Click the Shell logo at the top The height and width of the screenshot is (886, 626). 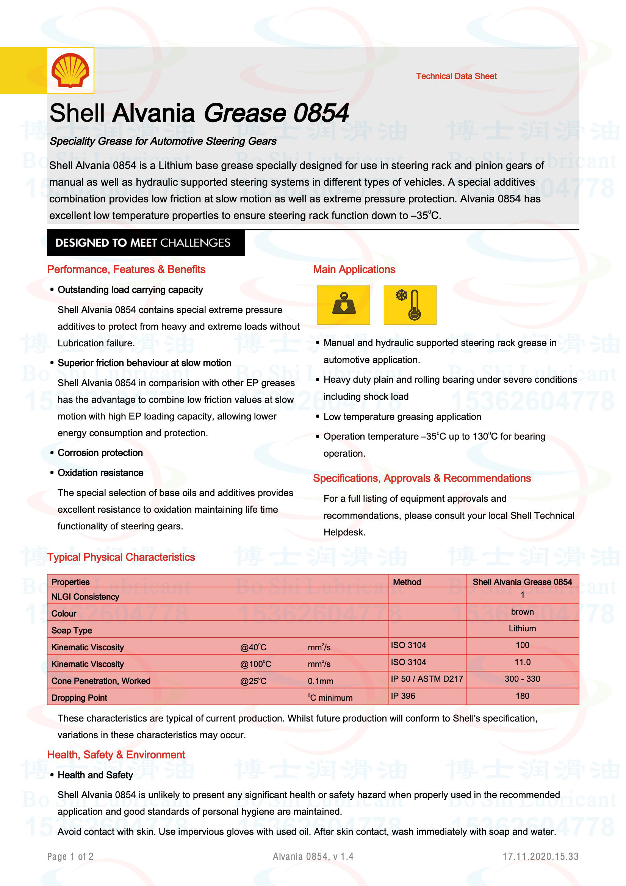(70, 70)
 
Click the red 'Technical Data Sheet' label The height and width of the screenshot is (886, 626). (456, 76)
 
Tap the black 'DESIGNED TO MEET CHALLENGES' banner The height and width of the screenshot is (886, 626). (146, 243)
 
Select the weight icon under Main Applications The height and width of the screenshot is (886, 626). (343, 305)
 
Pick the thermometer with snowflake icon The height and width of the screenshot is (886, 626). (410, 305)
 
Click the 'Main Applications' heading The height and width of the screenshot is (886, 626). (354, 269)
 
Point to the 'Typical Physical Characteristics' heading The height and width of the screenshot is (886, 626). (121, 557)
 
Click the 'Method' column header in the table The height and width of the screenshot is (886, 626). (407, 582)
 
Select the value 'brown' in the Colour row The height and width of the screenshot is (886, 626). (522, 612)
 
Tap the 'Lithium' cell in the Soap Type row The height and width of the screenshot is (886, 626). (522, 629)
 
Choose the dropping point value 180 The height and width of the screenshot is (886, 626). (522, 696)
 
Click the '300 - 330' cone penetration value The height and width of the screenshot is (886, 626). (522, 679)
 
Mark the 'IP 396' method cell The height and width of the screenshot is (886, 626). (403, 696)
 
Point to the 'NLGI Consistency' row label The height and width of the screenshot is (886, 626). (85, 597)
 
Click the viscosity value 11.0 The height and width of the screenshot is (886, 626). (522, 662)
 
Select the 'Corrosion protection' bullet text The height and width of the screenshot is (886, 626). (100, 452)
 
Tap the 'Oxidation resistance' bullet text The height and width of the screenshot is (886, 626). (100, 473)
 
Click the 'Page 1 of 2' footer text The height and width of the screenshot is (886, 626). (70, 857)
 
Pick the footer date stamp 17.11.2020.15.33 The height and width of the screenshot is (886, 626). (540, 857)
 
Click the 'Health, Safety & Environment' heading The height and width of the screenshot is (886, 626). (116, 755)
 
